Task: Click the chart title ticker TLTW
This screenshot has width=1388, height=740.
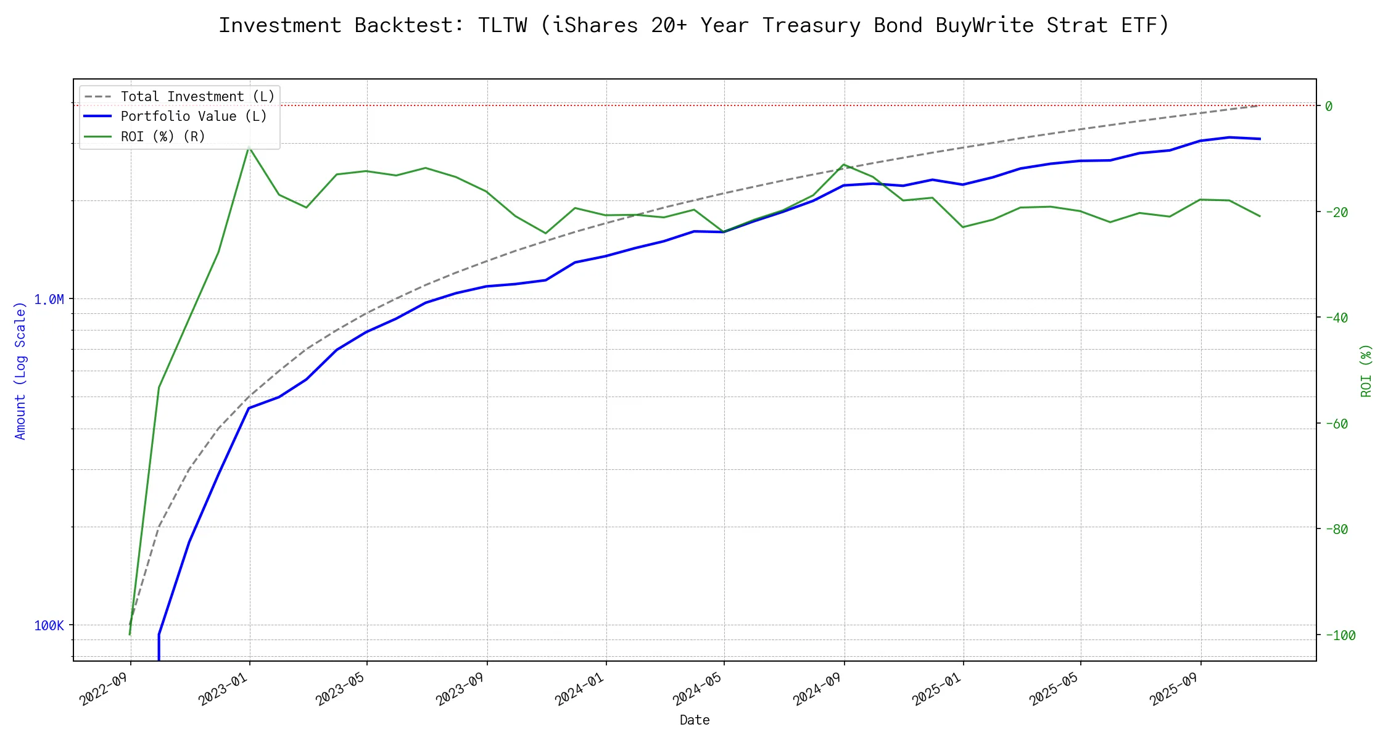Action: pos(502,25)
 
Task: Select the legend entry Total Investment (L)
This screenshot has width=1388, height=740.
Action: pos(197,97)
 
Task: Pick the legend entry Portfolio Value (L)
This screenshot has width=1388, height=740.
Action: pos(194,117)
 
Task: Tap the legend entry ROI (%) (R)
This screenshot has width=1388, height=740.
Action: pos(163,136)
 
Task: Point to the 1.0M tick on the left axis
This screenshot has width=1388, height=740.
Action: pos(49,300)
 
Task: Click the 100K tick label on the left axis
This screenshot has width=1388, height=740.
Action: pos(49,626)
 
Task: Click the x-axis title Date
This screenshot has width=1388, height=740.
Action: pos(695,720)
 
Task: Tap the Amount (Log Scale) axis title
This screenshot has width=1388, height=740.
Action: pos(20,370)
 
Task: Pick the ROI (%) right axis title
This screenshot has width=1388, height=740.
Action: pos(1366,370)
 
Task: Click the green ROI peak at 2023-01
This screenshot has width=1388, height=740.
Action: pos(249,147)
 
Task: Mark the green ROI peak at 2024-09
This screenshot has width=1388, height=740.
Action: pos(844,165)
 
